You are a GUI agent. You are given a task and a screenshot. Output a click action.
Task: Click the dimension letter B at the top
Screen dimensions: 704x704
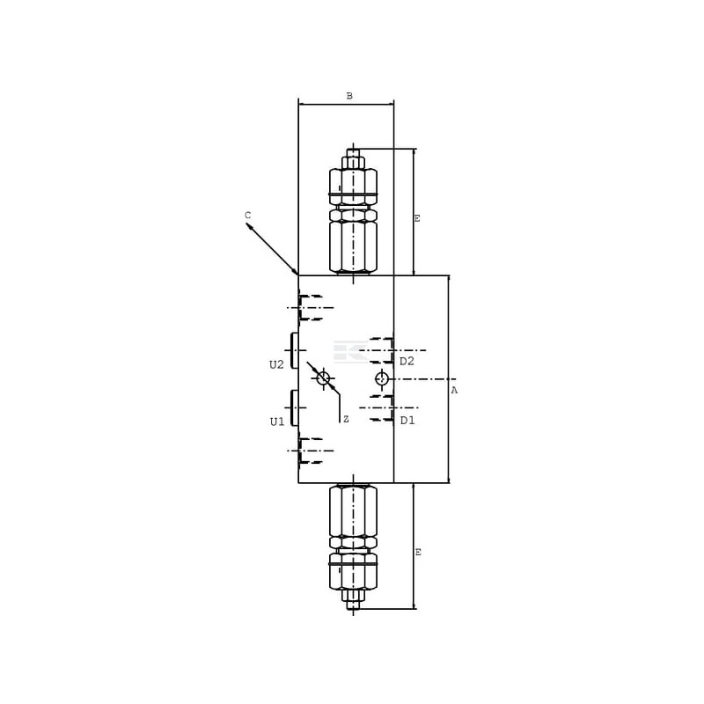pyautogui.click(x=349, y=96)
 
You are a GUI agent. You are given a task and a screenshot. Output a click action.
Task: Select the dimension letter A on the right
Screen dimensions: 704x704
pyautogui.click(x=454, y=391)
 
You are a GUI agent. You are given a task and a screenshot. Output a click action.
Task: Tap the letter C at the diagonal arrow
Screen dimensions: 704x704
pyautogui.click(x=248, y=216)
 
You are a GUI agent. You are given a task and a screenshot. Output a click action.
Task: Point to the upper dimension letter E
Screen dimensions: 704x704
pyautogui.click(x=417, y=218)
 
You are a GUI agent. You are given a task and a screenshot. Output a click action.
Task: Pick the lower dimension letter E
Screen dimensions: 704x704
pyautogui.click(x=418, y=553)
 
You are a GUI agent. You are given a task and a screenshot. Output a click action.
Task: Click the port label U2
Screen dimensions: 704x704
pyautogui.click(x=276, y=364)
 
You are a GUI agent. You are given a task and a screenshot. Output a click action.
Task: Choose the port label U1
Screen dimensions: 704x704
pyautogui.click(x=277, y=422)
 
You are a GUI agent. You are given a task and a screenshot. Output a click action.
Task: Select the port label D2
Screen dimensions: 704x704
pyautogui.click(x=407, y=361)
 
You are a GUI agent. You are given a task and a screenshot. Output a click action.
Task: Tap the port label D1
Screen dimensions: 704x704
pyautogui.click(x=407, y=421)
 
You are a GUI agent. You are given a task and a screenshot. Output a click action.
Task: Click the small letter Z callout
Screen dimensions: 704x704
pyautogui.click(x=346, y=420)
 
